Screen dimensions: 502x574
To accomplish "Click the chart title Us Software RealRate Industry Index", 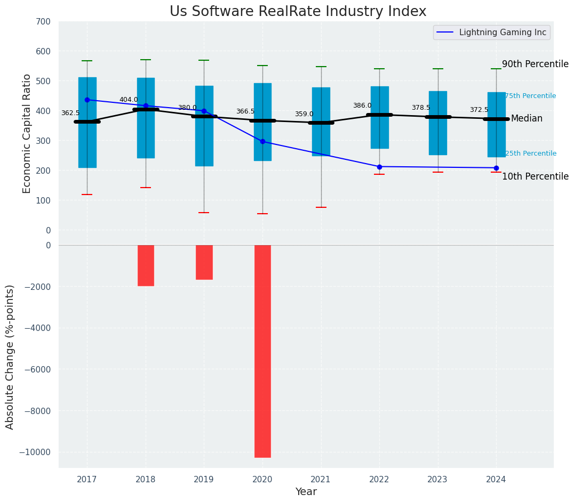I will [x=298, y=12].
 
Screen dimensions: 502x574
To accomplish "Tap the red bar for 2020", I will [x=262, y=351].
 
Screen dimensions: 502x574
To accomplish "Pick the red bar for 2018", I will [x=146, y=265].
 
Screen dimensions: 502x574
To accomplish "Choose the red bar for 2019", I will [x=204, y=262].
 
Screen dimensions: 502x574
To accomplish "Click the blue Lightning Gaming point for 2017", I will [x=87, y=100].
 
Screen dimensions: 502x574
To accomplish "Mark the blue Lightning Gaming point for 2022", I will [x=379, y=167].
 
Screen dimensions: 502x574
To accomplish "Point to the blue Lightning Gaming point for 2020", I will [x=262, y=142].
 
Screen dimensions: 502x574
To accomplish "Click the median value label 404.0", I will [x=129, y=100].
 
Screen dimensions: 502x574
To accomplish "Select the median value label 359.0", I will [x=304, y=114].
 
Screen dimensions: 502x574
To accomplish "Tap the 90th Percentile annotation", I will [x=535, y=64].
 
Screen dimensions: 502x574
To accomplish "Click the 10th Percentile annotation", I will [x=535, y=176].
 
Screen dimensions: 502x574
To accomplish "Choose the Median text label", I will [x=527, y=118].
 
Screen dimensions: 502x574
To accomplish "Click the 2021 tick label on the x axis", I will [x=321, y=479].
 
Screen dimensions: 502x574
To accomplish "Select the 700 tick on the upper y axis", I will [x=43, y=22].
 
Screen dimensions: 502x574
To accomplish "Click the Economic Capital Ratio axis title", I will [x=27, y=126].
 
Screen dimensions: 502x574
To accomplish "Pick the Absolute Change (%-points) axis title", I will [x=10, y=357].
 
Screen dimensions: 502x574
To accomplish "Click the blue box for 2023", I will [x=438, y=123].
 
